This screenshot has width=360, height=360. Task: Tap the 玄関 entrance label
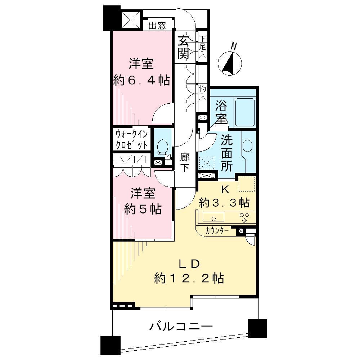pyautogui.click(x=183, y=47)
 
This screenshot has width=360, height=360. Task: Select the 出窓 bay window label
pyautogui.click(x=157, y=26)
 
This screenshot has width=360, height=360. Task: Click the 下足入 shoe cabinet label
pyautogui.click(x=203, y=47)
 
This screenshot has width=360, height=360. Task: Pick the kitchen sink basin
pyautogui.click(x=213, y=217)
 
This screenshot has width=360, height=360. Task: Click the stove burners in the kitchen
pyautogui.click(x=245, y=217)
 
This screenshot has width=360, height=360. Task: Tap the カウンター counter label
pyautogui.click(x=216, y=231)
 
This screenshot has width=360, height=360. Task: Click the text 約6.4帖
pyautogui.click(x=141, y=80)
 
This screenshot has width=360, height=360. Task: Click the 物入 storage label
pyautogui.click(x=203, y=93)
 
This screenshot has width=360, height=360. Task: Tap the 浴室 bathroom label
pyautogui.click(x=221, y=112)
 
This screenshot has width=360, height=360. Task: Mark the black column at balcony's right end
pyautogui.click(x=257, y=328)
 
